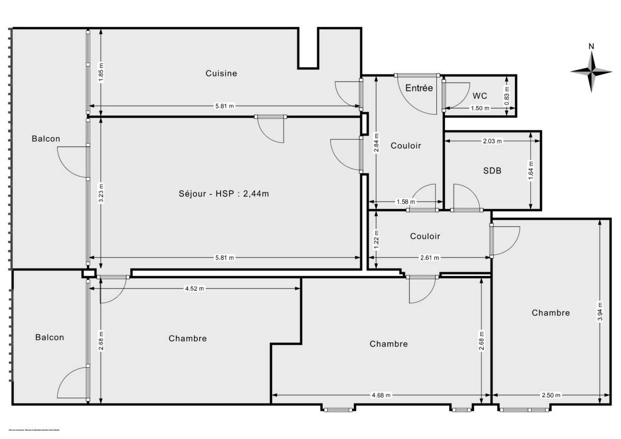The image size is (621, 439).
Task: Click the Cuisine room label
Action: coord(221,73)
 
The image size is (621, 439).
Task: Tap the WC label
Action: coord(480,96)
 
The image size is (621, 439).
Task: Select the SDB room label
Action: coord(492,171)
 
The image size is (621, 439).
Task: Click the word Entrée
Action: coord(419,88)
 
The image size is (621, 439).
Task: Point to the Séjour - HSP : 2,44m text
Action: coord(224,194)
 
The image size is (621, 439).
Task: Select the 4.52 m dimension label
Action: coord(194,289)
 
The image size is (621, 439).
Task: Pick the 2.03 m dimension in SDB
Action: coord(492,141)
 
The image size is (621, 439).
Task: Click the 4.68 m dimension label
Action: coord(381,396)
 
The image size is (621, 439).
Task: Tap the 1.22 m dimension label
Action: coord(376,236)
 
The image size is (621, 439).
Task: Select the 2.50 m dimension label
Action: coord(551,396)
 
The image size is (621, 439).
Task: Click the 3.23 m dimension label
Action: coord(101,193)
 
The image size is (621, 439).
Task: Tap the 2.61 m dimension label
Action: coord(430,258)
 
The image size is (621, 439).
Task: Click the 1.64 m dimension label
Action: coord(532,170)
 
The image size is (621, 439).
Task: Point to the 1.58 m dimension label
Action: coord(401,202)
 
